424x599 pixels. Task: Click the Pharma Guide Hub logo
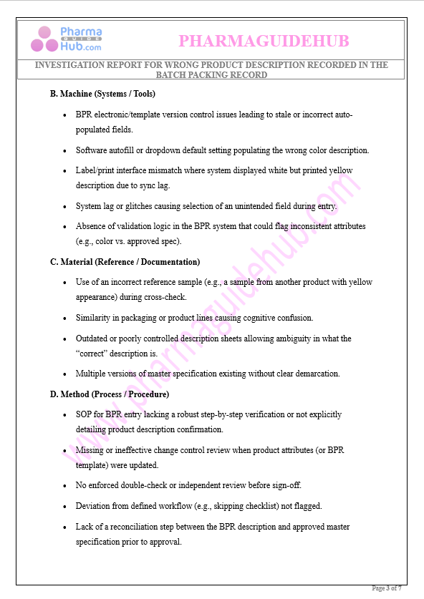click(66, 39)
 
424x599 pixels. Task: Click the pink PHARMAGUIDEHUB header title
click(264, 42)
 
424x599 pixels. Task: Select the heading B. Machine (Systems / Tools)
click(102, 94)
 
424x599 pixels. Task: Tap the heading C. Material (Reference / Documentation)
click(125, 262)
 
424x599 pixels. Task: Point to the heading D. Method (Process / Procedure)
click(109, 394)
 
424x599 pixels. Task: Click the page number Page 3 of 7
click(386, 588)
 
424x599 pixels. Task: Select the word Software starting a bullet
click(92, 150)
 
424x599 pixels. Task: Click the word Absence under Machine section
click(91, 226)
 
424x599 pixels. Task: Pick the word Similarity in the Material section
click(94, 318)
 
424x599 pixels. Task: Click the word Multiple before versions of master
click(92, 374)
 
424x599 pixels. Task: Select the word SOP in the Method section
click(84, 414)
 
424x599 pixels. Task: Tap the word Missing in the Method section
click(91, 450)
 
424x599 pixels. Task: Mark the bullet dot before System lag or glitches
click(65, 207)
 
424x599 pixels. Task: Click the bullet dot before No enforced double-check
click(65, 486)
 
